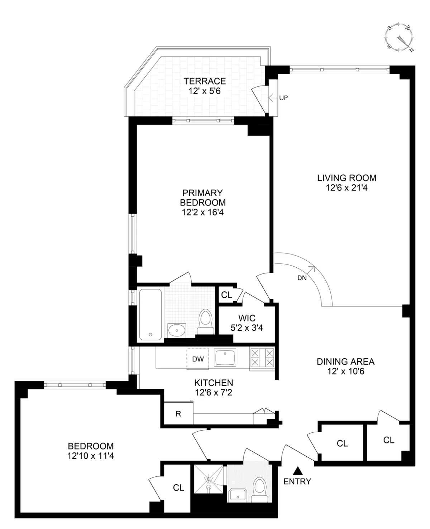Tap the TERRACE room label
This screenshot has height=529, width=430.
coord(205,81)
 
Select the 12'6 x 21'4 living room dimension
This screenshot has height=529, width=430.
coord(347,188)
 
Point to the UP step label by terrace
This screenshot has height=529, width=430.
coord(283,97)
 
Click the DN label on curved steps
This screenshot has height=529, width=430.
coord(302,278)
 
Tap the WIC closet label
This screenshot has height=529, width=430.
coord(247,318)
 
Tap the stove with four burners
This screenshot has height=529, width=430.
coord(262,358)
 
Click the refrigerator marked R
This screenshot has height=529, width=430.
coord(178,414)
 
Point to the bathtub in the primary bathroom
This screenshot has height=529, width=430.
coord(150,314)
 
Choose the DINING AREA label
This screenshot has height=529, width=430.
coord(345,361)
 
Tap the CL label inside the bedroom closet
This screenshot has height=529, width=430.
coord(178,488)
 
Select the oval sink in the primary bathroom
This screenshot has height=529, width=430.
coord(177,330)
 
